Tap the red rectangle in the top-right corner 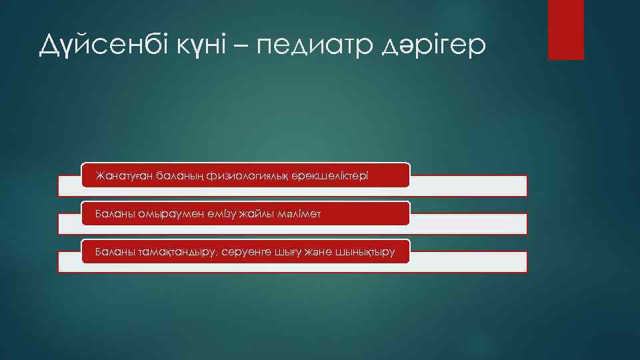pyautogui.click(x=565, y=29)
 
